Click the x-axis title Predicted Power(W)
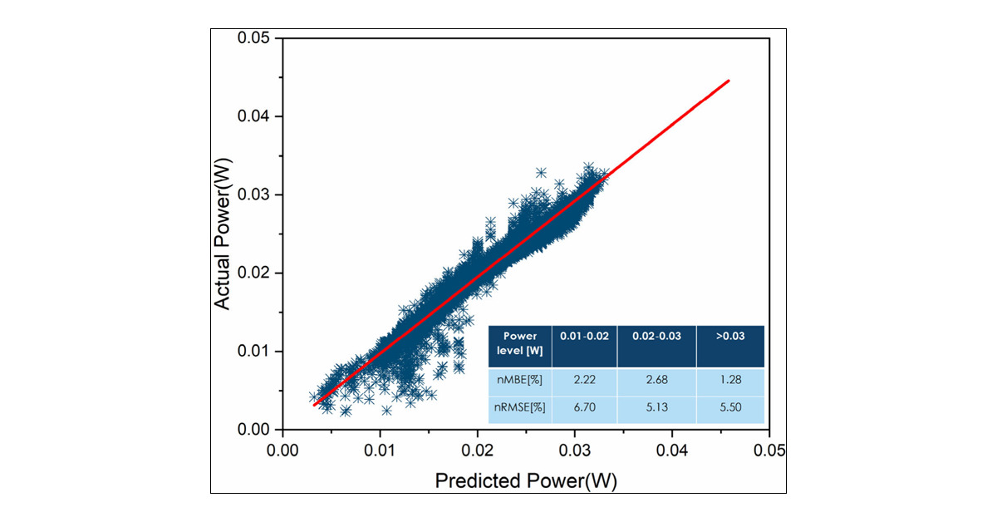(527, 481)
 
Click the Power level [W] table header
(520, 343)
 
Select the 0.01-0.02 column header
(584, 337)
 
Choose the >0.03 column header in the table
(729, 337)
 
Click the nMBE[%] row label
(520, 380)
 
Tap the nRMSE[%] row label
(520, 409)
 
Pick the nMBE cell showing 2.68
(656, 380)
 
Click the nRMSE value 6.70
(584, 409)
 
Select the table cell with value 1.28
(729, 380)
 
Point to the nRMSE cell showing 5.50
(729, 409)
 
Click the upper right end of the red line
(729, 81)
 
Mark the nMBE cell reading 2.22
(584, 380)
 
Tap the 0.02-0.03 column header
(656, 337)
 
